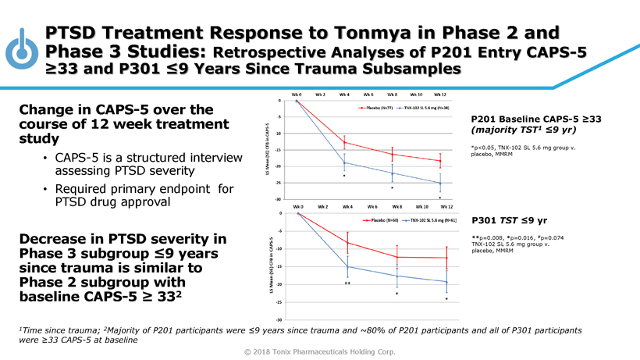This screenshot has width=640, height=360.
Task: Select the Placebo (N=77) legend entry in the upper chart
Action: click(x=375, y=107)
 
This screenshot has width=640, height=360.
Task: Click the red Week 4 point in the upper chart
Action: click(x=344, y=143)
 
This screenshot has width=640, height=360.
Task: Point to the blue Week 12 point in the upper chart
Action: click(x=440, y=184)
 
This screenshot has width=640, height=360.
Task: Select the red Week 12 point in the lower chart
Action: click(x=446, y=258)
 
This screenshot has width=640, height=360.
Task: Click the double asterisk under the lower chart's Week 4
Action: click(x=347, y=283)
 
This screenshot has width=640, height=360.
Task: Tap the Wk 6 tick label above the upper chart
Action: click(x=368, y=94)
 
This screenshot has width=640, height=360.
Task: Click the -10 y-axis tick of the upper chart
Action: click(x=279, y=134)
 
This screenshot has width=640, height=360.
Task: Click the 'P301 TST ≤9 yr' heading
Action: click(x=508, y=221)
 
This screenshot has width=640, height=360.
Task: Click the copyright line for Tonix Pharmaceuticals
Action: click(x=320, y=351)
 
